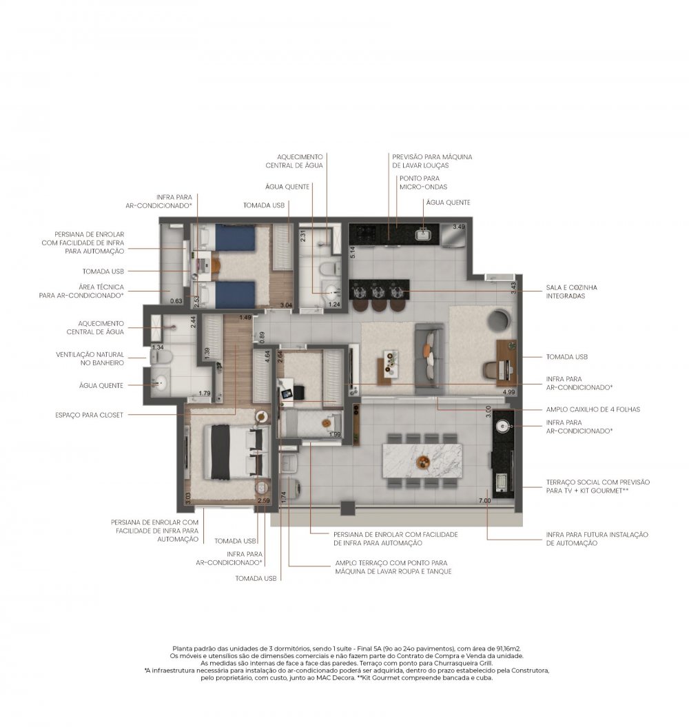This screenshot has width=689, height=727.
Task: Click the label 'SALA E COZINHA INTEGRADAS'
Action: (x=571, y=291)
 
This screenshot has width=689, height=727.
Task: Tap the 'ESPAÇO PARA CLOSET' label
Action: (x=89, y=415)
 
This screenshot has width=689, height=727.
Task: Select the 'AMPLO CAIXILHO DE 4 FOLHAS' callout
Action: (x=593, y=409)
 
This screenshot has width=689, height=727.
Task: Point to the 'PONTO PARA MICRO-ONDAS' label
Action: (x=423, y=183)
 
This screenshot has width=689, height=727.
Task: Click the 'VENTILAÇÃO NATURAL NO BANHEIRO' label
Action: (x=90, y=358)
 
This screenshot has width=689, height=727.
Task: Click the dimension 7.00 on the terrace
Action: (x=484, y=500)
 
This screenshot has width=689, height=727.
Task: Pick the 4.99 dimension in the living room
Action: (x=508, y=392)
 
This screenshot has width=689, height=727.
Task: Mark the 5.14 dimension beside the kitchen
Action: (x=352, y=252)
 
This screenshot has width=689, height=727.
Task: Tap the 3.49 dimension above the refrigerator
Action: (x=459, y=227)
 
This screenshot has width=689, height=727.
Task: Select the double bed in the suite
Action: (x=237, y=451)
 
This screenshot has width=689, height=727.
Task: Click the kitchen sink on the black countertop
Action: (x=423, y=234)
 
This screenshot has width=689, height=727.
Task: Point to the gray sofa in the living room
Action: (x=429, y=357)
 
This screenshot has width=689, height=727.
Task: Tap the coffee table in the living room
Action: (x=388, y=367)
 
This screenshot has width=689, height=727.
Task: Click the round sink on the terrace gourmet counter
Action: (x=503, y=426)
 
